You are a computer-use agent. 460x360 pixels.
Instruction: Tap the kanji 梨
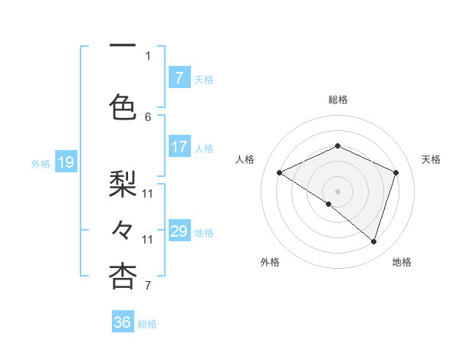pyautogui.click(x=123, y=184)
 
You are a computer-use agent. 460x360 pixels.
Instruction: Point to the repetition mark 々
pyautogui.click(x=123, y=230)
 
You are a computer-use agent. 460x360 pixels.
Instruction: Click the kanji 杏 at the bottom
pyautogui.click(x=123, y=277)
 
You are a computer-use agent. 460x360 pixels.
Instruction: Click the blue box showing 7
pyautogui.click(x=179, y=78)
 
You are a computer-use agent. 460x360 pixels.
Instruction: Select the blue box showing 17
pyautogui.click(x=179, y=147)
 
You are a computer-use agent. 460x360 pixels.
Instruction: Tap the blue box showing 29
pyautogui.click(x=179, y=231)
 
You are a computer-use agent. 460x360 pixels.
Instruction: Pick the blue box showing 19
pyautogui.click(x=65, y=162)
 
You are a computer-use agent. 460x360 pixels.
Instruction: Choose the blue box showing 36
pyautogui.click(x=123, y=322)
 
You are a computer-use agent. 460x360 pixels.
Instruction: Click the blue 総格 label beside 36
pyautogui.click(x=147, y=324)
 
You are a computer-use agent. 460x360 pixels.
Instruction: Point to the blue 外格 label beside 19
pyautogui.click(x=40, y=163)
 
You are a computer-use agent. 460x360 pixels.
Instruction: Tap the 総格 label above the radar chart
pyautogui.click(x=337, y=100)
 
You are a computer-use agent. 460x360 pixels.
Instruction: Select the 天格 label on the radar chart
pyautogui.click(x=431, y=159)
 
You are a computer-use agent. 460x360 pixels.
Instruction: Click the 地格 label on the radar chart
pyautogui.click(x=402, y=263)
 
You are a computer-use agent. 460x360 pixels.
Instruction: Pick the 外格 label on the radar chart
pyautogui.click(x=270, y=263)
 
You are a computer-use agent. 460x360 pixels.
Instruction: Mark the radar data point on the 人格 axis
pyautogui.click(x=280, y=172)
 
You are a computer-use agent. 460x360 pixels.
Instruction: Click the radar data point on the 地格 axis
pyautogui.click(x=373, y=241)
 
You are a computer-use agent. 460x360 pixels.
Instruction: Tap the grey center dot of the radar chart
pyautogui.click(x=337, y=191)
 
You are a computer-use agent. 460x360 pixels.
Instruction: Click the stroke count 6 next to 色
pyautogui.click(x=148, y=116)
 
